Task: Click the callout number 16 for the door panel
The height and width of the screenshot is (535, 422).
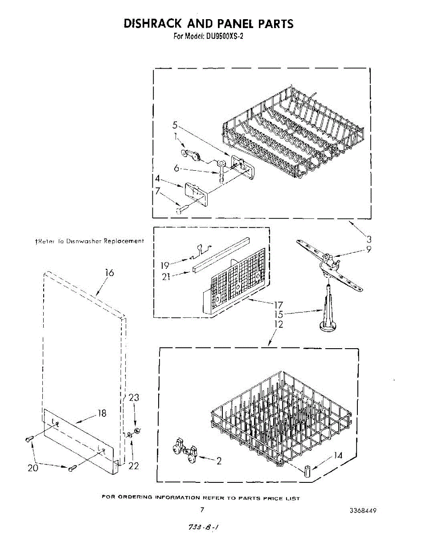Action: (110, 273)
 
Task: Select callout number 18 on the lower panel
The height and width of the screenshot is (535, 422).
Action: (102, 413)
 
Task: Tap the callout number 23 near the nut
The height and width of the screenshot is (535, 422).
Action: (134, 398)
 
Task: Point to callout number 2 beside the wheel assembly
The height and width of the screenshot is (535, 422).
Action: (219, 461)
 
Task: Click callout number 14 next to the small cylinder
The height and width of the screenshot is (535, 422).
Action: (338, 456)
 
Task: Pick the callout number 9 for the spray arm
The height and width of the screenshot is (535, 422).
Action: (369, 250)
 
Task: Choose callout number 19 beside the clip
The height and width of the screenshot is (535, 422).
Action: (164, 265)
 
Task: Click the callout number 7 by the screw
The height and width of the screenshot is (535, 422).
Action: (158, 191)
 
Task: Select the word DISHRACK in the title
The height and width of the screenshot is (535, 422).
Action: (152, 23)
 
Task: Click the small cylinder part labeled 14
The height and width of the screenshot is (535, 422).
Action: (307, 470)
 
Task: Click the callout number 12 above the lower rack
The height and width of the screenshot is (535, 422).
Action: (278, 325)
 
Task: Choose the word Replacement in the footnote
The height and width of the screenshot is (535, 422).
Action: (123, 241)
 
